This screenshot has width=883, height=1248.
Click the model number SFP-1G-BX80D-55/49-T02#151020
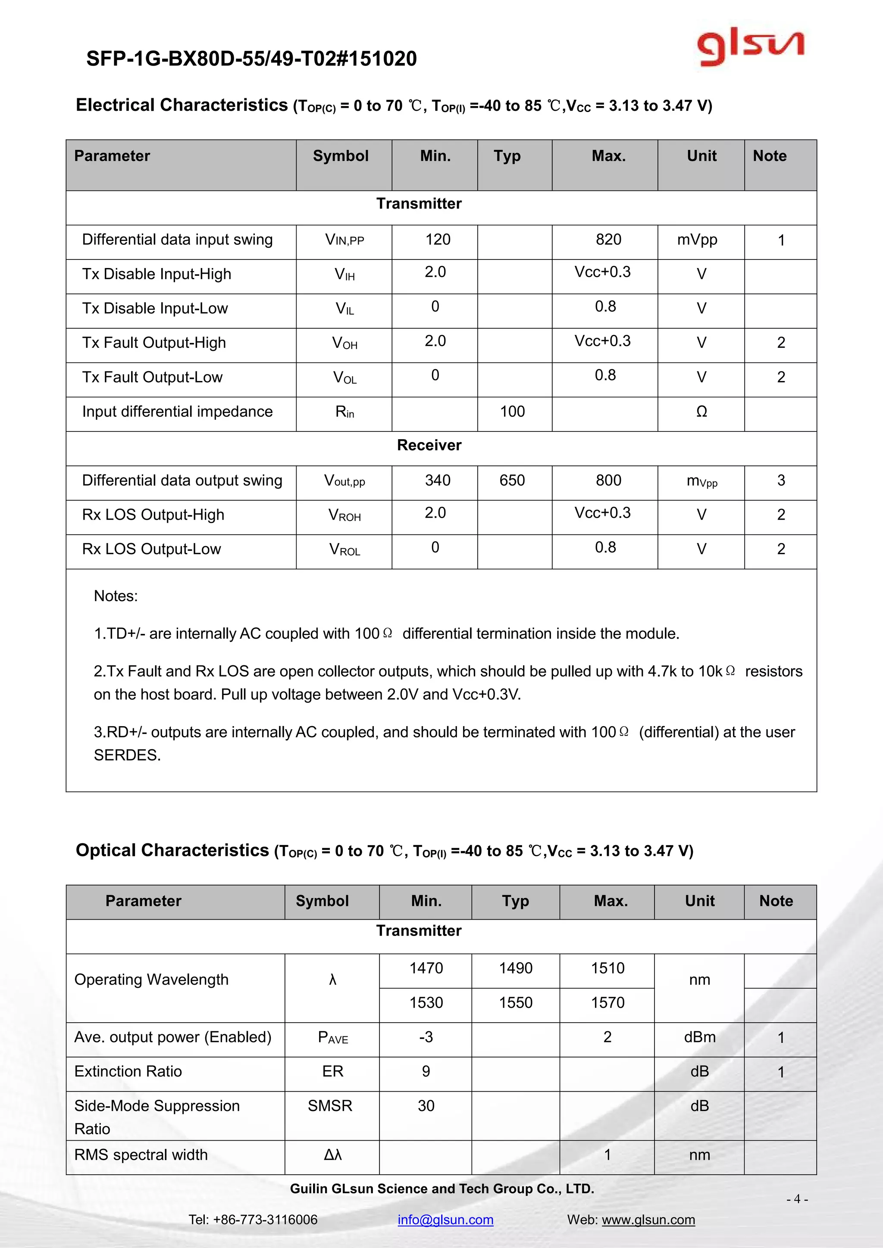251,59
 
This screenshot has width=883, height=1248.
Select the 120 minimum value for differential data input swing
437,240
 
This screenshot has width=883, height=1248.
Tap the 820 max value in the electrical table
608,240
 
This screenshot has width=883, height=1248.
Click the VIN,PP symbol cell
344,240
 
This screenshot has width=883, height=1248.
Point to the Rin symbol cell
344,412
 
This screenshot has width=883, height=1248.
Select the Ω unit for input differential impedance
701,412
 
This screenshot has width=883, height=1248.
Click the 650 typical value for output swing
512,480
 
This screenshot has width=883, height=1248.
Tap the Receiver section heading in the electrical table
429,445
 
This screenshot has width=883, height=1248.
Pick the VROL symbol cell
344,549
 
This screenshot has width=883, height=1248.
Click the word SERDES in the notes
127,755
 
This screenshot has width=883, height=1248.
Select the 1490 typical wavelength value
516,968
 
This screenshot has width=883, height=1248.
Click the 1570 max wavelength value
607,1002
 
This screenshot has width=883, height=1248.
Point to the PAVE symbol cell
333,1037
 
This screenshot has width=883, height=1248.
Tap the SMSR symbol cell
330,1106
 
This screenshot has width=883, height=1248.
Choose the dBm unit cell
699,1037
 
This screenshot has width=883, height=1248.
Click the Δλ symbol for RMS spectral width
333,1154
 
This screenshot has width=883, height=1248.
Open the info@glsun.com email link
445,1219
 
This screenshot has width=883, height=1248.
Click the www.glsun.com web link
648,1219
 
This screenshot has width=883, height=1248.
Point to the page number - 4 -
797,1199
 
